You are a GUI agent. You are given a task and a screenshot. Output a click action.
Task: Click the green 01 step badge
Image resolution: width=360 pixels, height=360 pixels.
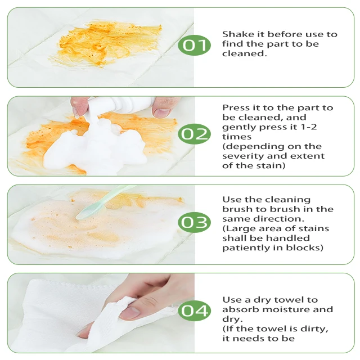point(194,45)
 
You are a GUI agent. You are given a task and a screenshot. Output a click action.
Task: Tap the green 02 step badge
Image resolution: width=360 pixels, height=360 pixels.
point(194,134)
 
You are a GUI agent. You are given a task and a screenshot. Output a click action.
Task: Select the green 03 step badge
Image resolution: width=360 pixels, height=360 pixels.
point(194,222)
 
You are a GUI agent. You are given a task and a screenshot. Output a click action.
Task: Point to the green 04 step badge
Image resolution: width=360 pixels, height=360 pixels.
point(194,310)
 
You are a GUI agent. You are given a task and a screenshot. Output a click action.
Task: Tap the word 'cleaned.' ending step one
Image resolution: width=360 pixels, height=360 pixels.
point(245,53)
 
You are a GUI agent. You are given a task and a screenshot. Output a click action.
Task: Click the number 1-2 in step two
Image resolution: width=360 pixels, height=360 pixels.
point(308,127)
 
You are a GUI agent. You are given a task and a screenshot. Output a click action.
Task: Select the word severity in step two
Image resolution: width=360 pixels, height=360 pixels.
point(243,156)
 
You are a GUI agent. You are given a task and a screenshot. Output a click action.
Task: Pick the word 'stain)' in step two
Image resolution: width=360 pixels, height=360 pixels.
point(272,165)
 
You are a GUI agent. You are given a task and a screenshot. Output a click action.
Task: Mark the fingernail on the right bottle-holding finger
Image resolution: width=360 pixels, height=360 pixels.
point(161,112)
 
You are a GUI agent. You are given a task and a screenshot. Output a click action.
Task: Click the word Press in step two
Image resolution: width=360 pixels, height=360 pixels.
point(236,107)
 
